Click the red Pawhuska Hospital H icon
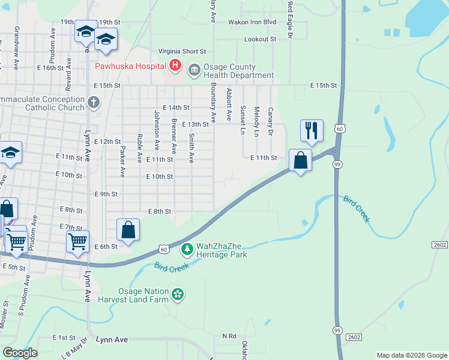point(175,65)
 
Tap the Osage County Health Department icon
point(194,71)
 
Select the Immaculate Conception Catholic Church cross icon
point(93,103)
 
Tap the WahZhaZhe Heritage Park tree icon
point(187,248)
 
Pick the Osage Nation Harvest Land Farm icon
point(177,294)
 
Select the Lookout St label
point(260,39)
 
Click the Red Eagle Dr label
point(289,20)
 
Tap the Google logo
point(20,353)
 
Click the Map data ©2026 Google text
point(411,355)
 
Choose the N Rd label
point(229,336)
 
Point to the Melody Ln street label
point(256,121)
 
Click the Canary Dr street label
point(271,121)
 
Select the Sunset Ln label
point(243,120)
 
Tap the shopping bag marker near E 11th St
point(301,160)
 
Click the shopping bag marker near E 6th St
point(128,230)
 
